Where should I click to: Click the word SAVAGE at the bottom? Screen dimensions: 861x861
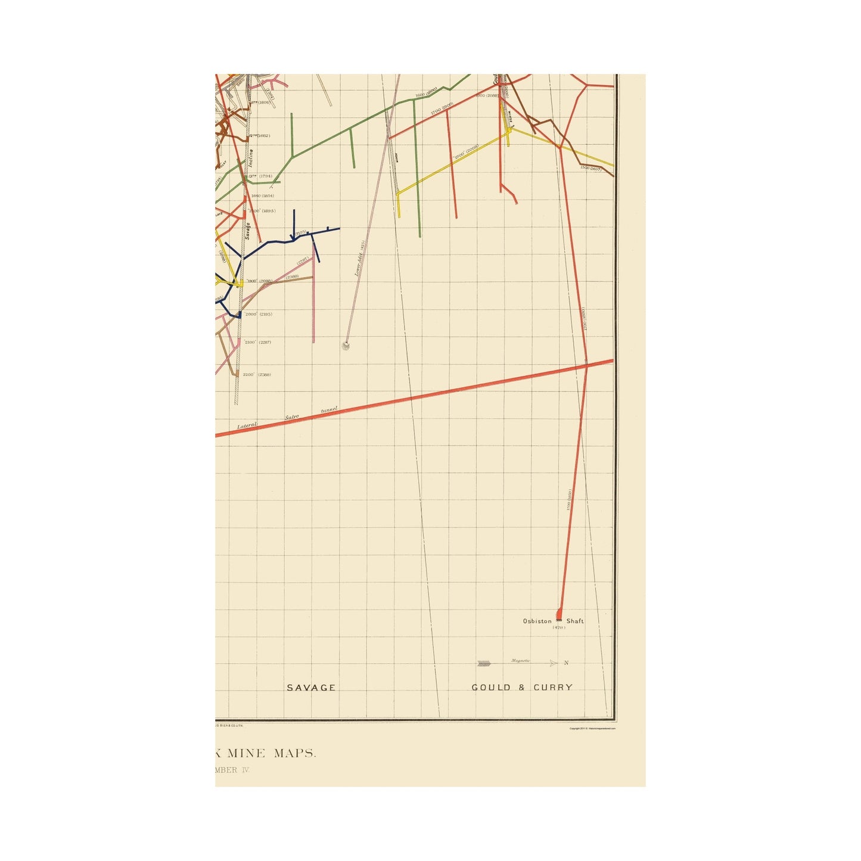click(311, 688)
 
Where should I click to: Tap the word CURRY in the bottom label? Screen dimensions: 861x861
click(553, 688)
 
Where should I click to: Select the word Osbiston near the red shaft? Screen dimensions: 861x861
click(537, 621)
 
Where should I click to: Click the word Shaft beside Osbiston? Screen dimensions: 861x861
click(575, 621)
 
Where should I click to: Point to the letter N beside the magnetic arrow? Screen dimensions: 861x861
click(566, 663)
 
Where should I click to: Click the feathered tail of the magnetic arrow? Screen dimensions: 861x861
click(484, 663)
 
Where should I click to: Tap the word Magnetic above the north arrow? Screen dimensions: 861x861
click(520, 661)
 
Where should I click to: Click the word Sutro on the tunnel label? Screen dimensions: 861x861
click(292, 418)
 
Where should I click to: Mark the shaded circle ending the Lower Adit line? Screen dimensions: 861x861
click(345, 346)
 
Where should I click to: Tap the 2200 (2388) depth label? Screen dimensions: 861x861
click(257, 374)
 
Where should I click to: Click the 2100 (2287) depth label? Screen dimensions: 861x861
click(257, 342)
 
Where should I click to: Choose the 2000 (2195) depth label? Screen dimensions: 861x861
click(258, 314)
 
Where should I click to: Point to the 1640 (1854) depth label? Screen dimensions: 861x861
click(262, 195)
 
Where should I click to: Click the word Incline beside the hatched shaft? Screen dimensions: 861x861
click(251, 157)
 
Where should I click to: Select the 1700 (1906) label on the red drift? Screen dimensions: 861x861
click(442, 107)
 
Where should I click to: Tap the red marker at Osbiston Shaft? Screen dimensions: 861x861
click(559, 614)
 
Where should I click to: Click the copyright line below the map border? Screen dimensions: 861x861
click(592, 728)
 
